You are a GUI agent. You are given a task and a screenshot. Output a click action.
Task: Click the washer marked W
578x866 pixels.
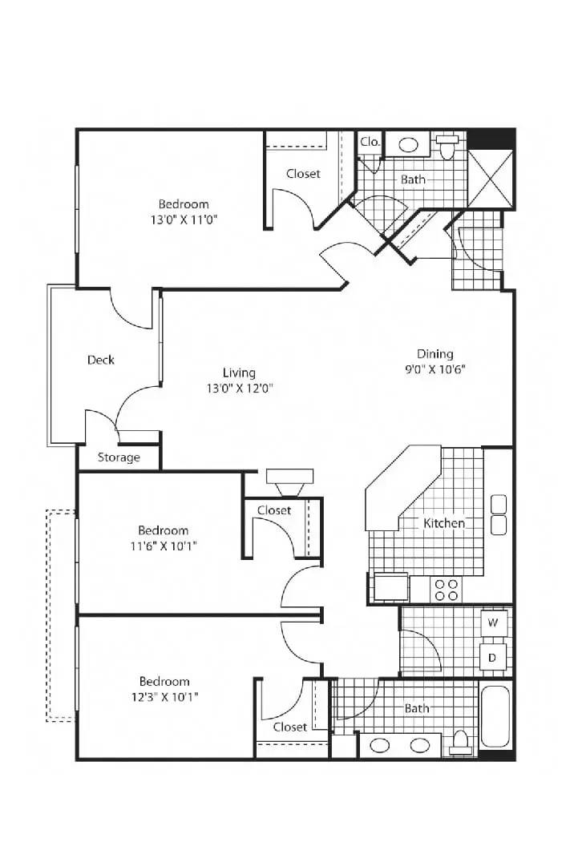pyautogui.click(x=493, y=623)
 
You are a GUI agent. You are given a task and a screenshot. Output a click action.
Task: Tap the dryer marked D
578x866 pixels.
pyautogui.click(x=492, y=658)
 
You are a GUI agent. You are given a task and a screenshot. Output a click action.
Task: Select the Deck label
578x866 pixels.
pyautogui.click(x=101, y=360)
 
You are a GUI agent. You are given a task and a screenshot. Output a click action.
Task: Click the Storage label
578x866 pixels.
pyautogui.click(x=119, y=457)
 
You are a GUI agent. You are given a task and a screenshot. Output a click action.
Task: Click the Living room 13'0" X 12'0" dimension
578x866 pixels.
pyautogui.click(x=240, y=389)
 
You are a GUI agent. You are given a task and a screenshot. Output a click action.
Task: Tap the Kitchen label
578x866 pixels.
pyautogui.click(x=444, y=523)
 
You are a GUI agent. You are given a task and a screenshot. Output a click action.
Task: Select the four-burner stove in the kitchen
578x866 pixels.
pyautogui.click(x=447, y=590)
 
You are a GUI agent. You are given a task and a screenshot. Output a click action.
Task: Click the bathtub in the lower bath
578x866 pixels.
pyautogui.click(x=495, y=717)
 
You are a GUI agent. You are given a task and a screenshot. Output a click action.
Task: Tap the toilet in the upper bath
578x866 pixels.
pyautogui.click(x=446, y=147)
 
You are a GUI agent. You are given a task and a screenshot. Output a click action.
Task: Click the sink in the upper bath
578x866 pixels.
pyautogui.click(x=408, y=145)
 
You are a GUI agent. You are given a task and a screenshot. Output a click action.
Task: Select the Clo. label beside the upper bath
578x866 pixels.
pyautogui.click(x=370, y=141)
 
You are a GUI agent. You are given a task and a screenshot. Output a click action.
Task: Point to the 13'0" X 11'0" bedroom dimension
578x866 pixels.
pyautogui.click(x=184, y=220)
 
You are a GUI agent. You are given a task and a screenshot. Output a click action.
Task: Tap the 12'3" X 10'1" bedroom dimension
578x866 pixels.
pyautogui.click(x=164, y=697)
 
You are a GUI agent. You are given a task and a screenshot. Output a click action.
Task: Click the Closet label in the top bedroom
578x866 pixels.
pyautogui.click(x=303, y=173)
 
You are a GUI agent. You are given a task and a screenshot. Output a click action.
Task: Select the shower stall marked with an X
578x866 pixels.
pyautogui.click(x=491, y=178)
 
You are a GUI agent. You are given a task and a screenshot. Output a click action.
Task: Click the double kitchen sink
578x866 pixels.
pyautogui.click(x=499, y=515)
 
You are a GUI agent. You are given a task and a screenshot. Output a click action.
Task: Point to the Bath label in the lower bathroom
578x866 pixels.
pyautogui.click(x=417, y=708)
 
